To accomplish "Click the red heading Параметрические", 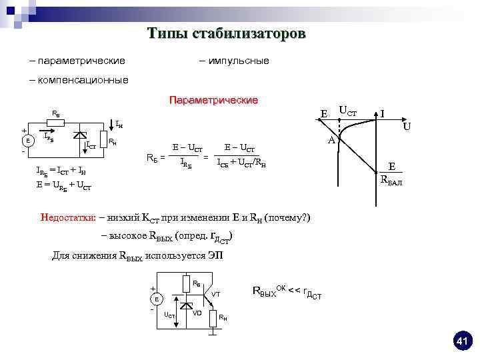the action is pyautogui.click(x=213, y=100).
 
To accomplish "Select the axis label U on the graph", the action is pyautogui.click(x=407, y=125).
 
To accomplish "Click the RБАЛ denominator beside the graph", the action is pyautogui.click(x=391, y=179).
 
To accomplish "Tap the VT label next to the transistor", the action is pyautogui.click(x=215, y=294).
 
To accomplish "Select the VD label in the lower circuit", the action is pyautogui.click(x=197, y=313).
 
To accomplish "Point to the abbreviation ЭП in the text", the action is pyautogui.click(x=217, y=255).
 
